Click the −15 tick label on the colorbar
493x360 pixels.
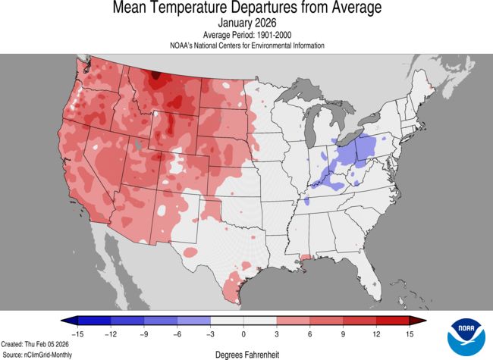[77, 333]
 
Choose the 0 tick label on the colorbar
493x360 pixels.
[243, 333]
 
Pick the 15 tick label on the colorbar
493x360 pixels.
[410, 333]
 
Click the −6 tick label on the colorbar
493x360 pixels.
[177, 333]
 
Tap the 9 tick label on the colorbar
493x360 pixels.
[344, 333]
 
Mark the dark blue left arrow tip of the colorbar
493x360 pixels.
[64, 321]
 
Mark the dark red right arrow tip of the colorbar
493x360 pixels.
[422, 321]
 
